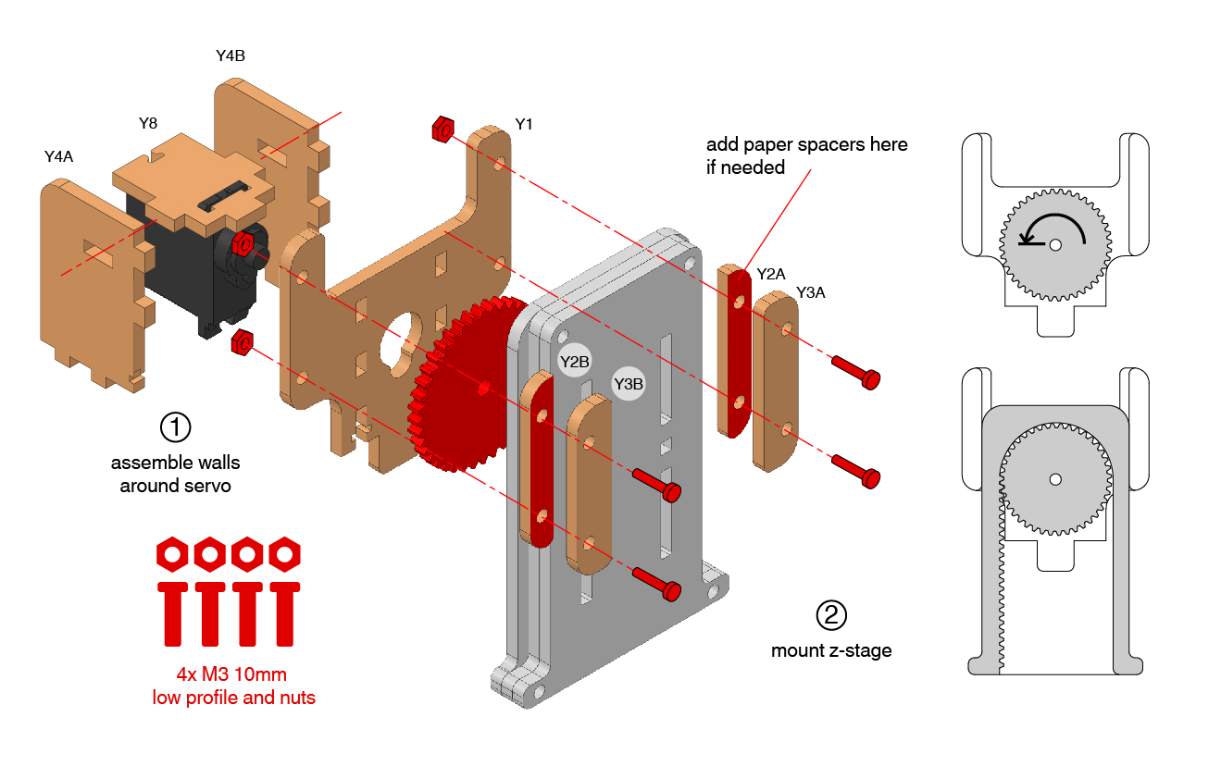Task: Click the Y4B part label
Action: pos(230,56)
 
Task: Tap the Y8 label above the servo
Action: pos(148,122)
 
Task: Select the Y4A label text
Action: pos(58,157)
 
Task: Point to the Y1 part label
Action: pos(524,124)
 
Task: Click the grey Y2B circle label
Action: pos(575,362)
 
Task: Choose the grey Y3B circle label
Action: pos(629,383)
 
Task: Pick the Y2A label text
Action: pos(771,274)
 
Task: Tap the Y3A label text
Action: pos(811,292)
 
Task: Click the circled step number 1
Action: pos(175,427)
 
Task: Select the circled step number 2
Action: pos(830,614)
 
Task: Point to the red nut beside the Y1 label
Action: pos(442,129)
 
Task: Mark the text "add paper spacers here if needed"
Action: pos(806,155)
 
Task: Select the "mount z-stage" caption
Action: pos(831,650)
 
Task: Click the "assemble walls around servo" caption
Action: pos(175,474)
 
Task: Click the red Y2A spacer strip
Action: pos(738,352)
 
